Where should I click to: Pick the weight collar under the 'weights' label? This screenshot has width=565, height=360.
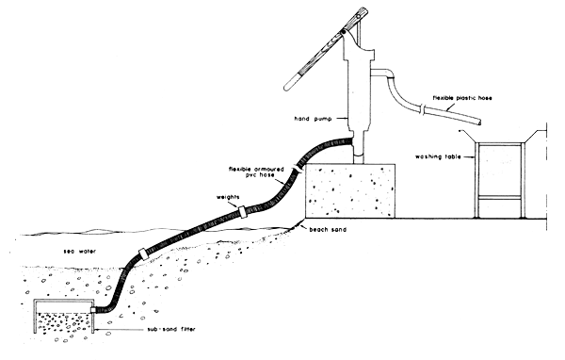pos(243,211)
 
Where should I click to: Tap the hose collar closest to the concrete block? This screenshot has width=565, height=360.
pos(300,166)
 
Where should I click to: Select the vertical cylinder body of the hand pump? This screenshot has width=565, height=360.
pos(351,94)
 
